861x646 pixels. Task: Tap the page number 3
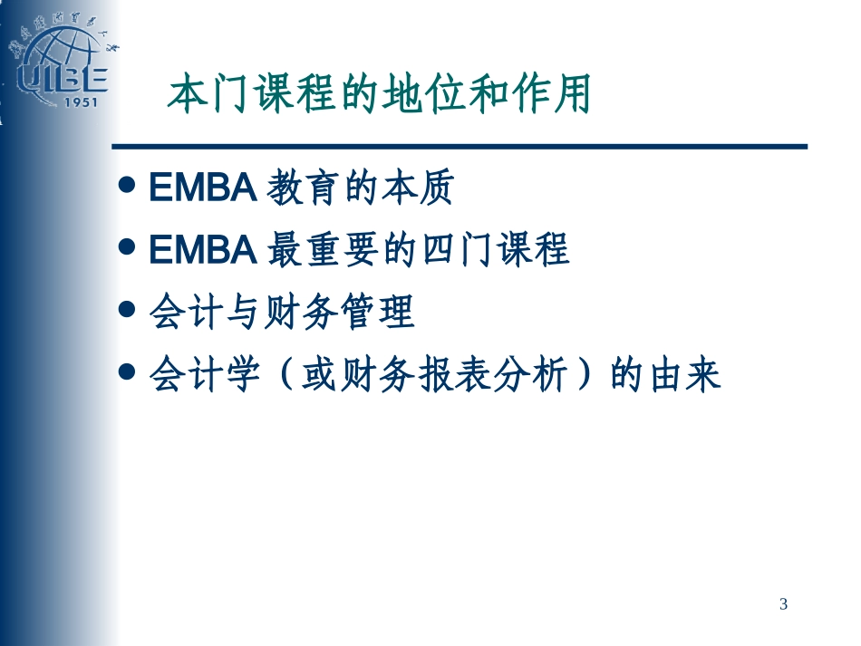pos(784,604)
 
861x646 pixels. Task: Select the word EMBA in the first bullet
pos(203,191)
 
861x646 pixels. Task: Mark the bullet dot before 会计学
pos(131,371)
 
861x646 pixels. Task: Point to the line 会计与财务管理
pos(281,313)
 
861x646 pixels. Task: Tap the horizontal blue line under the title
pos(459,146)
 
